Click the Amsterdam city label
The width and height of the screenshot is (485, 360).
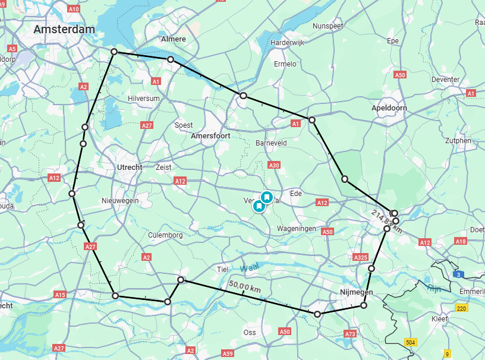tap(64, 29)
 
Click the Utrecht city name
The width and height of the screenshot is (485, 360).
tap(130, 167)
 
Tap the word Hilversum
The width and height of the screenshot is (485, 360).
tap(144, 98)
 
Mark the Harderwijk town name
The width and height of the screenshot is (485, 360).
tap(288, 43)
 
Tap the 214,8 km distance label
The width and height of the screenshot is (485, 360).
tap(387, 222)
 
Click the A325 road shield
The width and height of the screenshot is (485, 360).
tap(360, 257)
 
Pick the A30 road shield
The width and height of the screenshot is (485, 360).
tap(274, 166)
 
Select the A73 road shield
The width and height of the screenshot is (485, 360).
tap(349, 334)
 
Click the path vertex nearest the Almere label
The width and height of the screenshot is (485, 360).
tap(171, 59)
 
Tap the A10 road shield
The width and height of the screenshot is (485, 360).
tap(74, 10)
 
